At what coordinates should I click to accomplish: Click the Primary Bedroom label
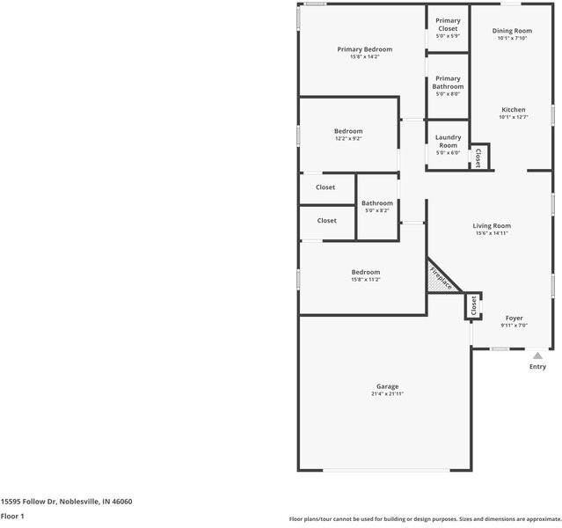click(x=364, y=49)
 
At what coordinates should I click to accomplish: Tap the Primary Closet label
click(x=448, y=25)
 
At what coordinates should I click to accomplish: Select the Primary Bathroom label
click(x=448, y=83)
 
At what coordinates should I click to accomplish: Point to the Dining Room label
click(x=512, y=31)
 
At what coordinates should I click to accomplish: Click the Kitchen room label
click(x=513, y=110)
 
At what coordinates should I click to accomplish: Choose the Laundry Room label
click(x=449, y=141)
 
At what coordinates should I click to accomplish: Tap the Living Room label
click(x=493, y=226)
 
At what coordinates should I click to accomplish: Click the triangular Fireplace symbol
click(x=440, y=277)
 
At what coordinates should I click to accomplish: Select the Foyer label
click(x=514, y=318)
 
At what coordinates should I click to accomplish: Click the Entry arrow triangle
click(x=537, y=355)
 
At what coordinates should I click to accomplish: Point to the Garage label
click(x=387, y=386)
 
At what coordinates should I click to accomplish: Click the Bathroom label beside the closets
click(x=377, y=203)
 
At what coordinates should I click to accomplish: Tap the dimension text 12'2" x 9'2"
click(x=348, y=138)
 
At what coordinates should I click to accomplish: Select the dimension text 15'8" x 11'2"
click(x=366, y=279)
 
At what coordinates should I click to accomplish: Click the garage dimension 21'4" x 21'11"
click(x=387, y=394)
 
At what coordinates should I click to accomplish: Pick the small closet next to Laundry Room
click(x=478, y=158)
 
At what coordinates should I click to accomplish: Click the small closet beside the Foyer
click(x=473, y=305)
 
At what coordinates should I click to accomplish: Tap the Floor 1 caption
click(x=12, y=517)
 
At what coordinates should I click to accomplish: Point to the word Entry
click(x=537, y=367)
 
